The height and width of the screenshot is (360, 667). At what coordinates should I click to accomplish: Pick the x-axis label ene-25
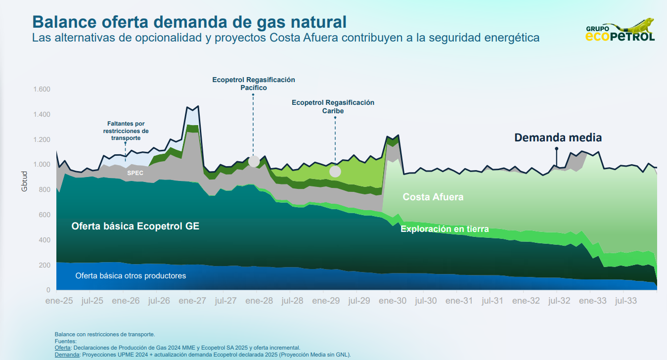59,301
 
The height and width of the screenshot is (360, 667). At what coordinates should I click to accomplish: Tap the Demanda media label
558,137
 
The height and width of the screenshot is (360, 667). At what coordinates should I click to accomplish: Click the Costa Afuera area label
433,197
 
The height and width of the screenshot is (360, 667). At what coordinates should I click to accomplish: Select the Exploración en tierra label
445,229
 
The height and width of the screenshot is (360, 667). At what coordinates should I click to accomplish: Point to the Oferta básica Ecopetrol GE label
135,226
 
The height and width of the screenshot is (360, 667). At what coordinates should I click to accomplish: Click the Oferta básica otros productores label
131,275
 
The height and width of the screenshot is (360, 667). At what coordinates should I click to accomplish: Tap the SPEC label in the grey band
135,173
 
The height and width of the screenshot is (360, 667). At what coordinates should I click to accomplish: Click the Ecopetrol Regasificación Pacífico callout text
254,84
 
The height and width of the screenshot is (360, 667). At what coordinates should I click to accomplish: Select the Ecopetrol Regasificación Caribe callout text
333,107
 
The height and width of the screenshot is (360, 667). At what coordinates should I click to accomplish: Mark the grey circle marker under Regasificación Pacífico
254,161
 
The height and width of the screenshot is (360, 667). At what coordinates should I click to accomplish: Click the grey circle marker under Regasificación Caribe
335,172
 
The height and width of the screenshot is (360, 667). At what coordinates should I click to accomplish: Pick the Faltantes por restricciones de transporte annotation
126,131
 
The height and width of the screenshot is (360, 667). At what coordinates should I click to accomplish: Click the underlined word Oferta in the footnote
62,348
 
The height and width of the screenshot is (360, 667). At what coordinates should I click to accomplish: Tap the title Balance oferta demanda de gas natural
189,22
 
